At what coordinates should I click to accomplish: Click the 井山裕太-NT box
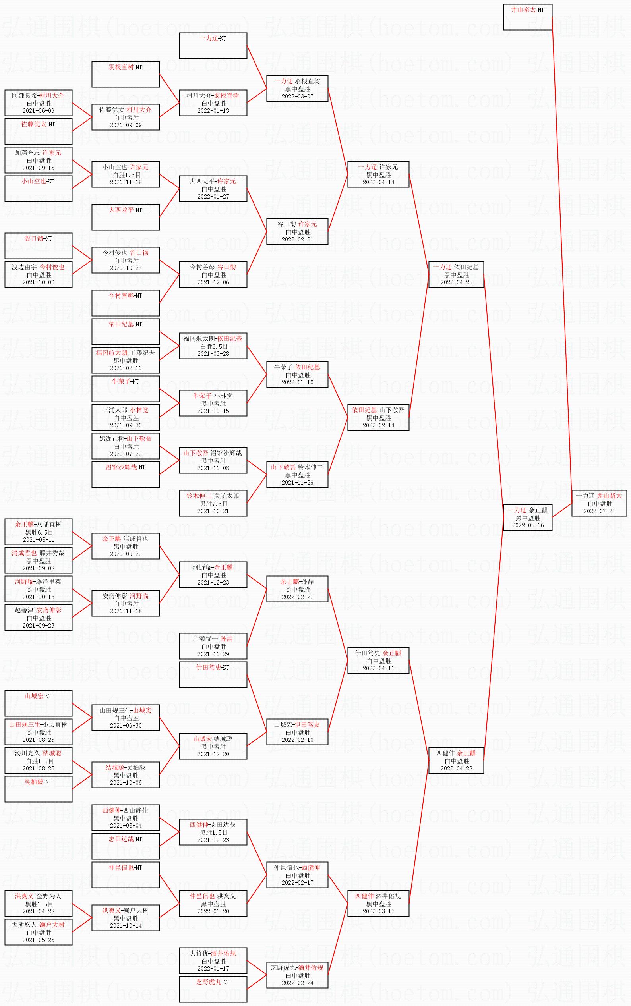coord(528,17)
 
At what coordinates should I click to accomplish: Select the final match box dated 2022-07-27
coord(599,503)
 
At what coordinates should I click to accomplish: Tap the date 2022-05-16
coord(528,525)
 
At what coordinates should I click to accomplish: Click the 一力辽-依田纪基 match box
coord(456,274)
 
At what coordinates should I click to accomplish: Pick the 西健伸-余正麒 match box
coord(456,760)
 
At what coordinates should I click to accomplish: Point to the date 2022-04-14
coord(378,182)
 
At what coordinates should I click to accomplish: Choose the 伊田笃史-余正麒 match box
coord(378,660)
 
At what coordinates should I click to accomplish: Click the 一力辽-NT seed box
coord(213,45)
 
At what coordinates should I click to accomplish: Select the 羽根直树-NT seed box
coord(125,74)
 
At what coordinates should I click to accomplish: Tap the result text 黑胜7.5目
coord(213,504)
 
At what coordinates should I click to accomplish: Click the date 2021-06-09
coord(39,110)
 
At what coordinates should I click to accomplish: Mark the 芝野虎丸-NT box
coord(213,989)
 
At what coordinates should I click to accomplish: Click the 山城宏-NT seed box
coord(39,703)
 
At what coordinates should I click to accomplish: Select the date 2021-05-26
coord(39,940)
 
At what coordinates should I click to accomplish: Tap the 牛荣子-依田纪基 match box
coord(297,375)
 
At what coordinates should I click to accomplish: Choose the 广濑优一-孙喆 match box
coord(213,646)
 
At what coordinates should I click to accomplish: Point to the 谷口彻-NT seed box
coord(39,246)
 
